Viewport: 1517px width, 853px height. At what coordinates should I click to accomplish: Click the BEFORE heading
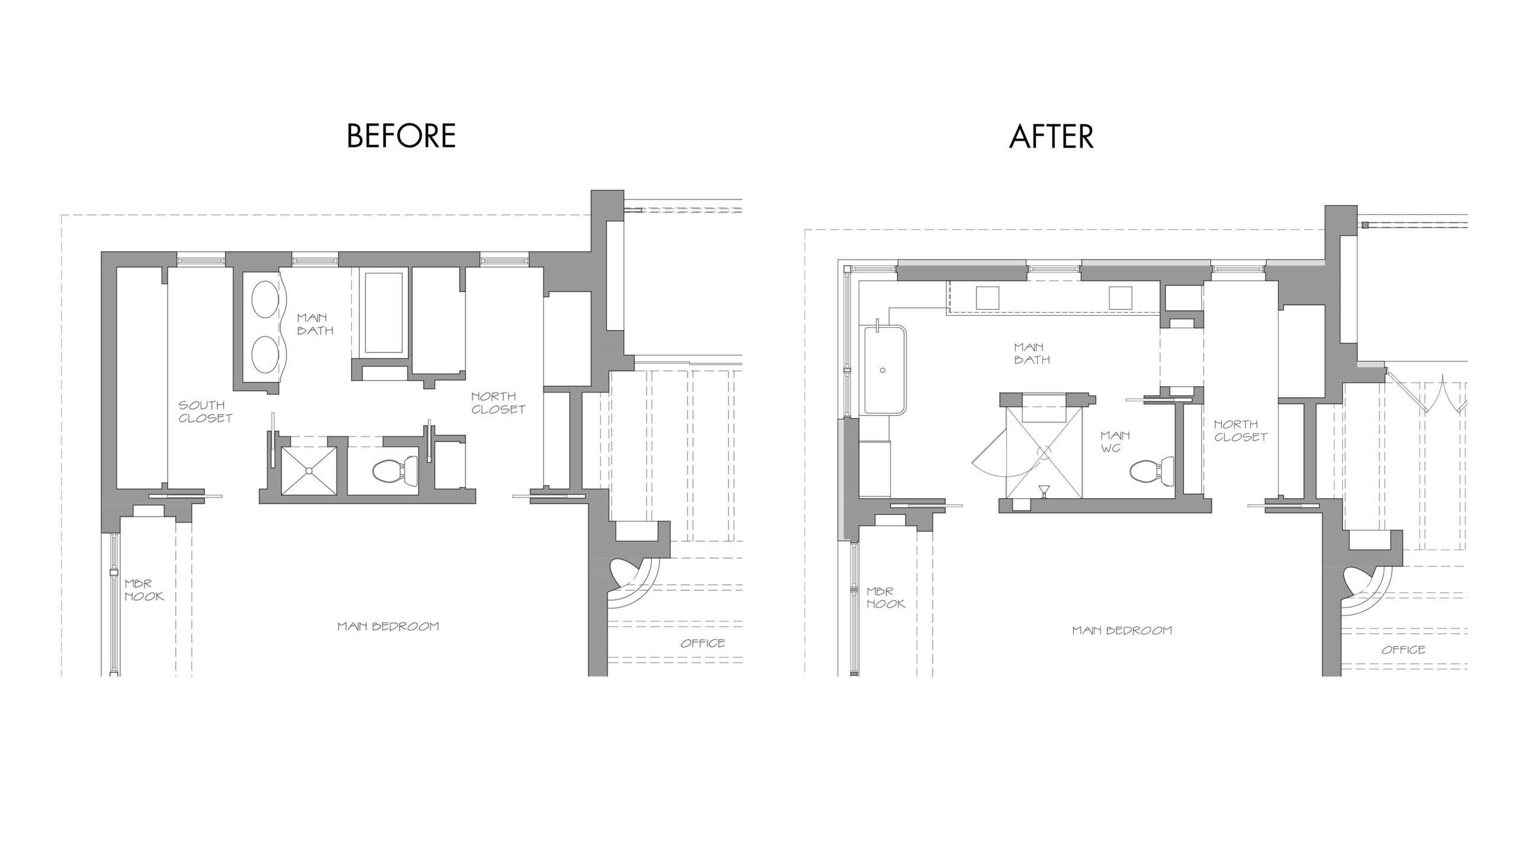tap(401, 136)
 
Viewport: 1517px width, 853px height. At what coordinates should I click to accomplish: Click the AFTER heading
tap(1051, 136)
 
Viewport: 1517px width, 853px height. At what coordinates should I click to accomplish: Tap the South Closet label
tap(205, 412)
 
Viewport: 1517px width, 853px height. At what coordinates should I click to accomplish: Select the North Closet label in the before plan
tap(498, 403)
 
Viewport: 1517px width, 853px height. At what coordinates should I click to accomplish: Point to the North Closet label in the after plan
tap(1240, 431)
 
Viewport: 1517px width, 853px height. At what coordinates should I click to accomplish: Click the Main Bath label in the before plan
tap(315, 324)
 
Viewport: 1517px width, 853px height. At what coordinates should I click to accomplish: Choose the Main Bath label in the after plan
tap(1032, 353)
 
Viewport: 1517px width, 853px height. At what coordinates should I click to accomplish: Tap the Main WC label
tap(1115, 441)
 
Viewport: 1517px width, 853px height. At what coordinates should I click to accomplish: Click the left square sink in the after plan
tap(988, 297)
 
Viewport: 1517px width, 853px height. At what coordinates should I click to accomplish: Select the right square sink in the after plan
tap(1121, 297)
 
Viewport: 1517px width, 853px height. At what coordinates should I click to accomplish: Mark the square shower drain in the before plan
tap(309, 470)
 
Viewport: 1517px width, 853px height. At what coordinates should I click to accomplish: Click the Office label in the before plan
tap(703, 643)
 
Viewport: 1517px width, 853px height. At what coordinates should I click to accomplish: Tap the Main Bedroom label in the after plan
tap(1122, 630)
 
